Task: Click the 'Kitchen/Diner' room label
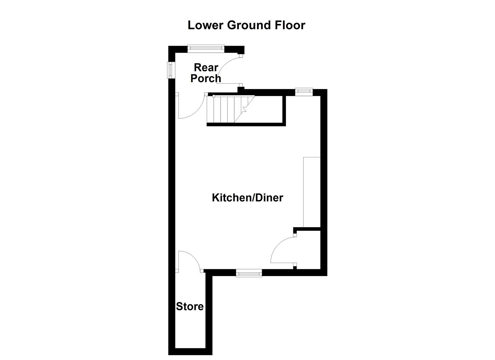click(247, 198)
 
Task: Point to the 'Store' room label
click(190, 307)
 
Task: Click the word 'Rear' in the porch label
click(206, 68)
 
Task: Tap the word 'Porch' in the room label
click(206, 79)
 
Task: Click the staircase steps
click(223, 109)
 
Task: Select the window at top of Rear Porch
click(205, 49)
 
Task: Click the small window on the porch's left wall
click(171, 70)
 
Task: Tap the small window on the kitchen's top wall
click(303, 91)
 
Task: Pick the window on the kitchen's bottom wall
click(249, 273)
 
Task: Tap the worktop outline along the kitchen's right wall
click(312, 192)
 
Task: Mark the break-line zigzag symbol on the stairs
click(244, 109)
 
